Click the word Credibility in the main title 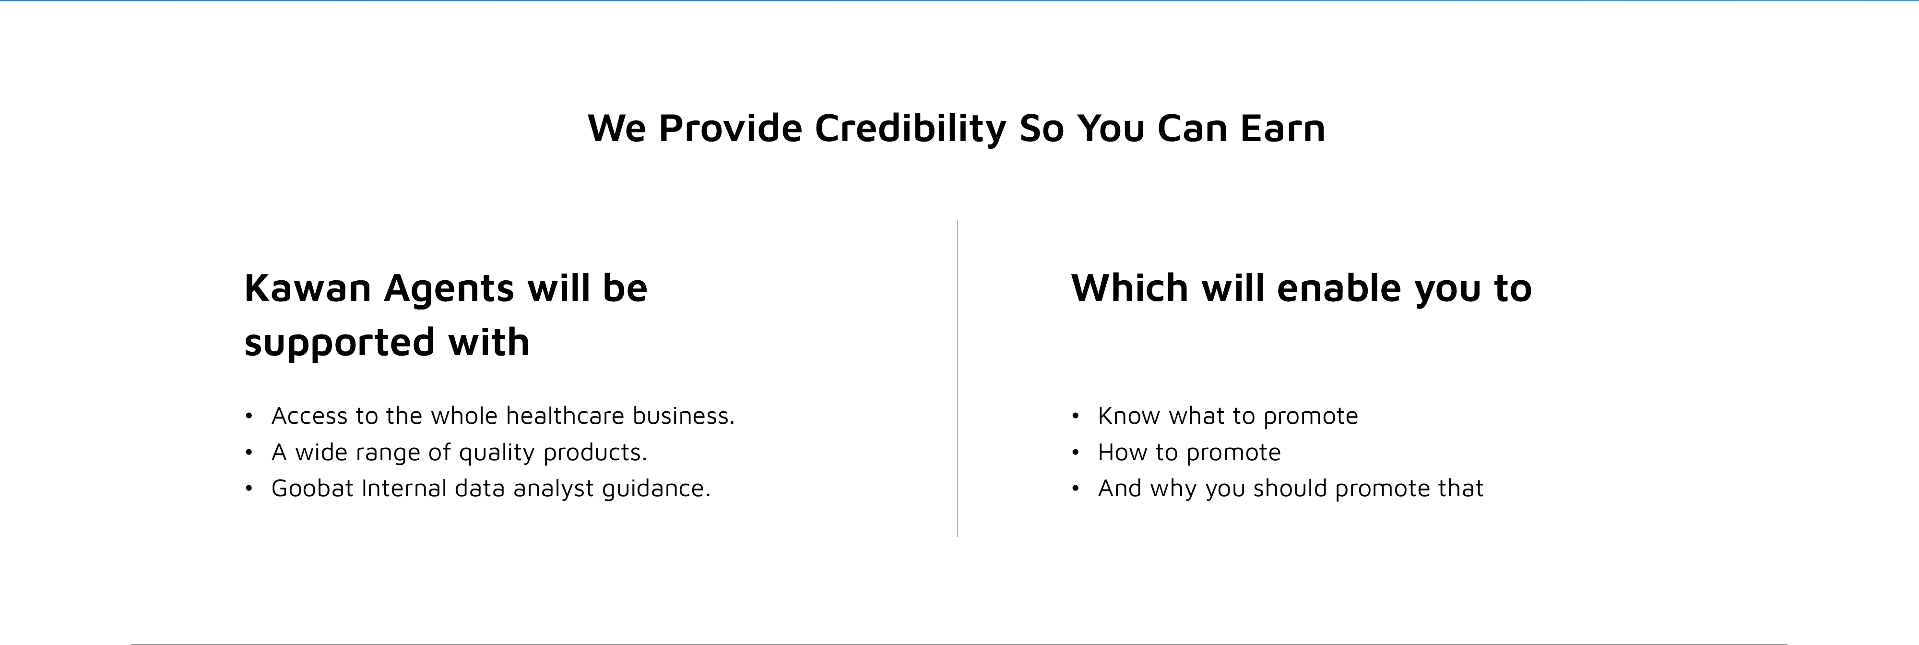click(911, 128)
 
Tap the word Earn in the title click(1283, 128)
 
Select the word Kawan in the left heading click(308, 288)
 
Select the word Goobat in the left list click(312, 489)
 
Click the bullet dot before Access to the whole click(249, 416)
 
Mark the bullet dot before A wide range click(249, 452)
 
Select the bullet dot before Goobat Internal click(249, 489)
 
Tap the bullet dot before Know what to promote click(1075, 416)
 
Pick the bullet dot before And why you click(1075, 489)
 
